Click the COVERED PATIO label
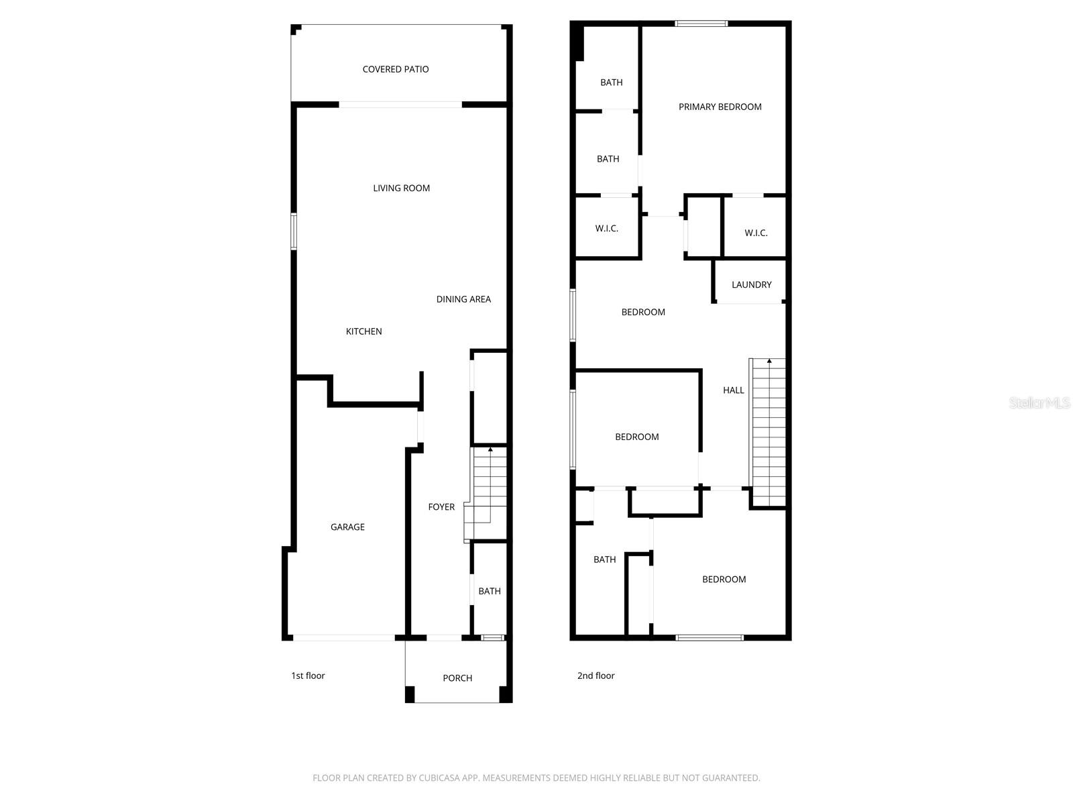click(x=396, y=69)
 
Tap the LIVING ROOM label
click(x=401, y=189)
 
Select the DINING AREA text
click(x=463, y=299)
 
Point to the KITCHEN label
click(x=363, y=331)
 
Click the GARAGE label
click(x=347, y=527)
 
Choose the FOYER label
click(x=441, y=507)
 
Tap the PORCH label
click(x=457, y=678)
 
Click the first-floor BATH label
click(x=490, y=591)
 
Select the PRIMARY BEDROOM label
click(x=720, y=107)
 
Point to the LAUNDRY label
click(x=751, y=284)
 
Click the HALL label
click(x=733, y=390)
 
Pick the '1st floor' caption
click(x=308, y=676)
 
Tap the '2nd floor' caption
click(x=596, y=676)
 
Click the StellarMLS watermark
click(x=1039, y=403)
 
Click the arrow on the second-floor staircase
click(x=769, y=362)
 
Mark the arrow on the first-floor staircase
click(x=490, y=449)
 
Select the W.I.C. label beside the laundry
click(x=756, y=233)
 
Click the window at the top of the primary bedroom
click(x=701, y=23)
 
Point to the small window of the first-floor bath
click(x=493, y=637)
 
